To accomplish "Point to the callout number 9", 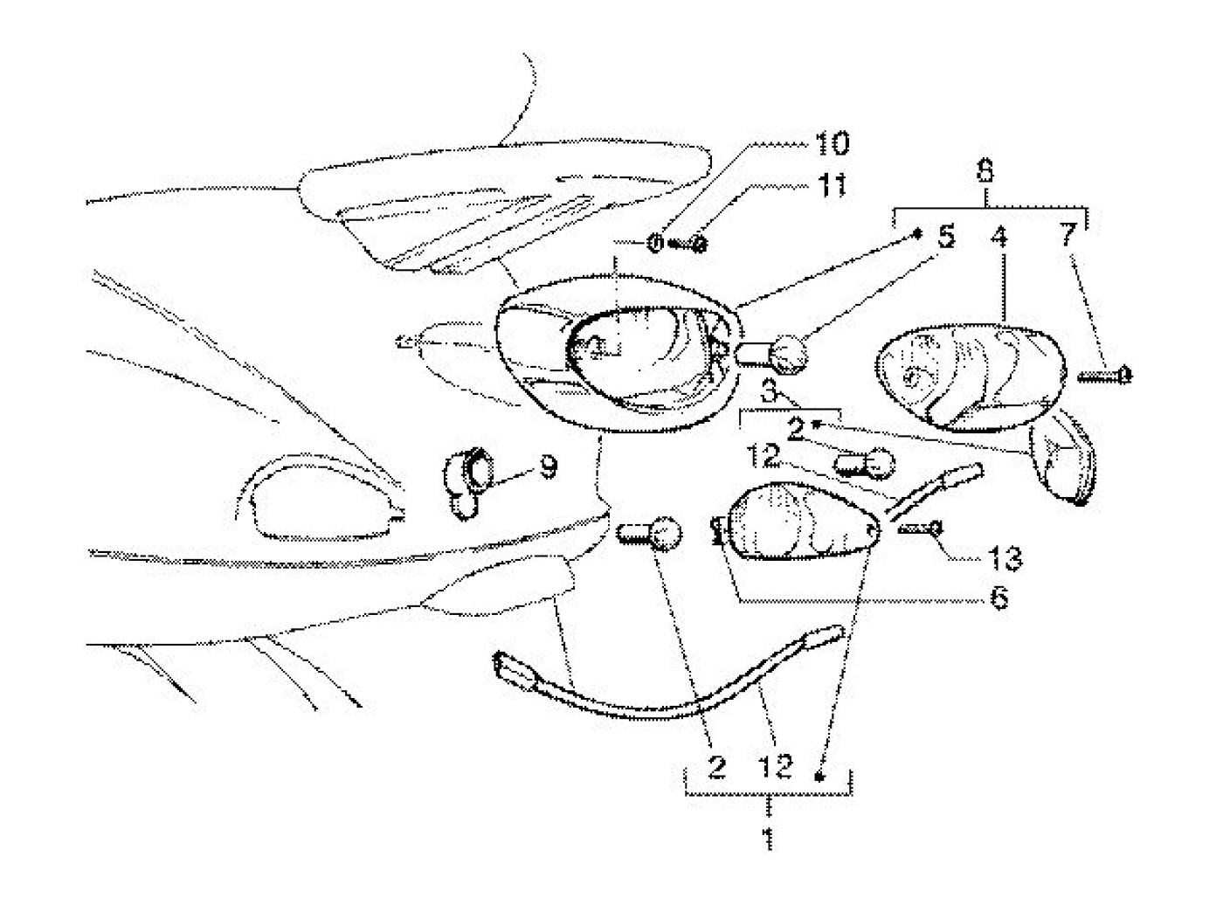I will click(547, 470).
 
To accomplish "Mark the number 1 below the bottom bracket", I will click(768, 840).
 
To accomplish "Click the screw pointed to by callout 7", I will click(1105, 376).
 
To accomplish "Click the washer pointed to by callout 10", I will click(655, 244).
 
